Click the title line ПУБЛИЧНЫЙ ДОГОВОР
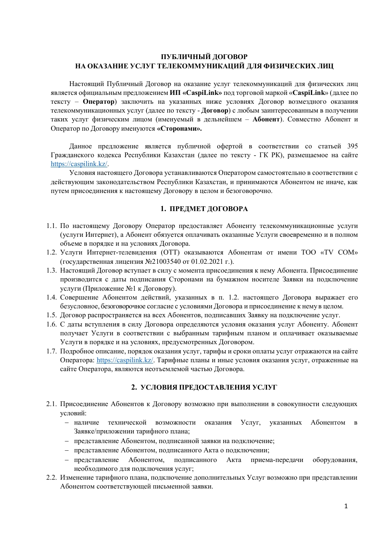[204, 57]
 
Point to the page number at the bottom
[346, 506]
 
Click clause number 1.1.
[51, 226]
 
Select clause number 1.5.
[51, 315]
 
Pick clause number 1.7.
[51, 351]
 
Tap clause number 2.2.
[51, 478]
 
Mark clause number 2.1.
[51, 404]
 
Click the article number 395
[352, 146]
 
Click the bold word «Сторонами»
[179, 129]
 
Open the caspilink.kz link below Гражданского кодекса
[79, 164]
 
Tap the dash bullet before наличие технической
[66, 423]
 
